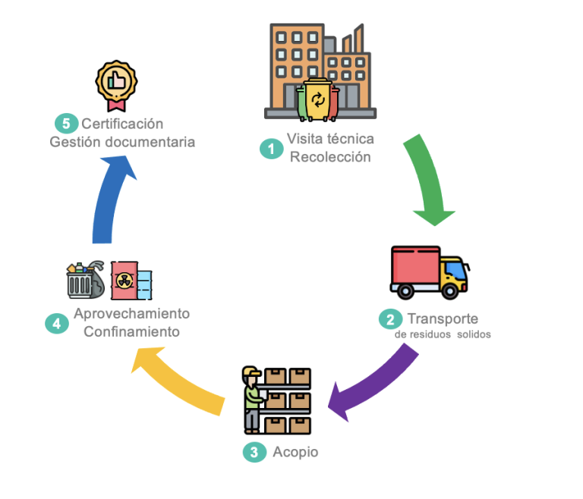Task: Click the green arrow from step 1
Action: pyautogui.click(x=428, y=179)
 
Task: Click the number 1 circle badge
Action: pyautogui.click(x=270, y=149)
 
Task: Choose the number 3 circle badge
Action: pyautogui.click(x=254, y=453)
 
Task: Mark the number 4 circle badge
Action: pyautogui.click(x=56, y=323)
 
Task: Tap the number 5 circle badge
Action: pyautogui.click(x=65, y=124)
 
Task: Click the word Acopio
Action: pyautogui.click(x=296, y=453)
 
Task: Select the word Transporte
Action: pyautogui.click(x=443, y=318)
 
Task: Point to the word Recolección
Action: pyautogui.click(x=330, y=157)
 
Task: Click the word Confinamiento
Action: pyautogui.click(x=131, y=331)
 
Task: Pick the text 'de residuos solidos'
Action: pyautogui.click(x=443, y=334)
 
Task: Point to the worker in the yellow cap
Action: pyautogui.click(x=251, y=398)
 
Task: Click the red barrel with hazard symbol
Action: pyautogui.click(x=123, y=282)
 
